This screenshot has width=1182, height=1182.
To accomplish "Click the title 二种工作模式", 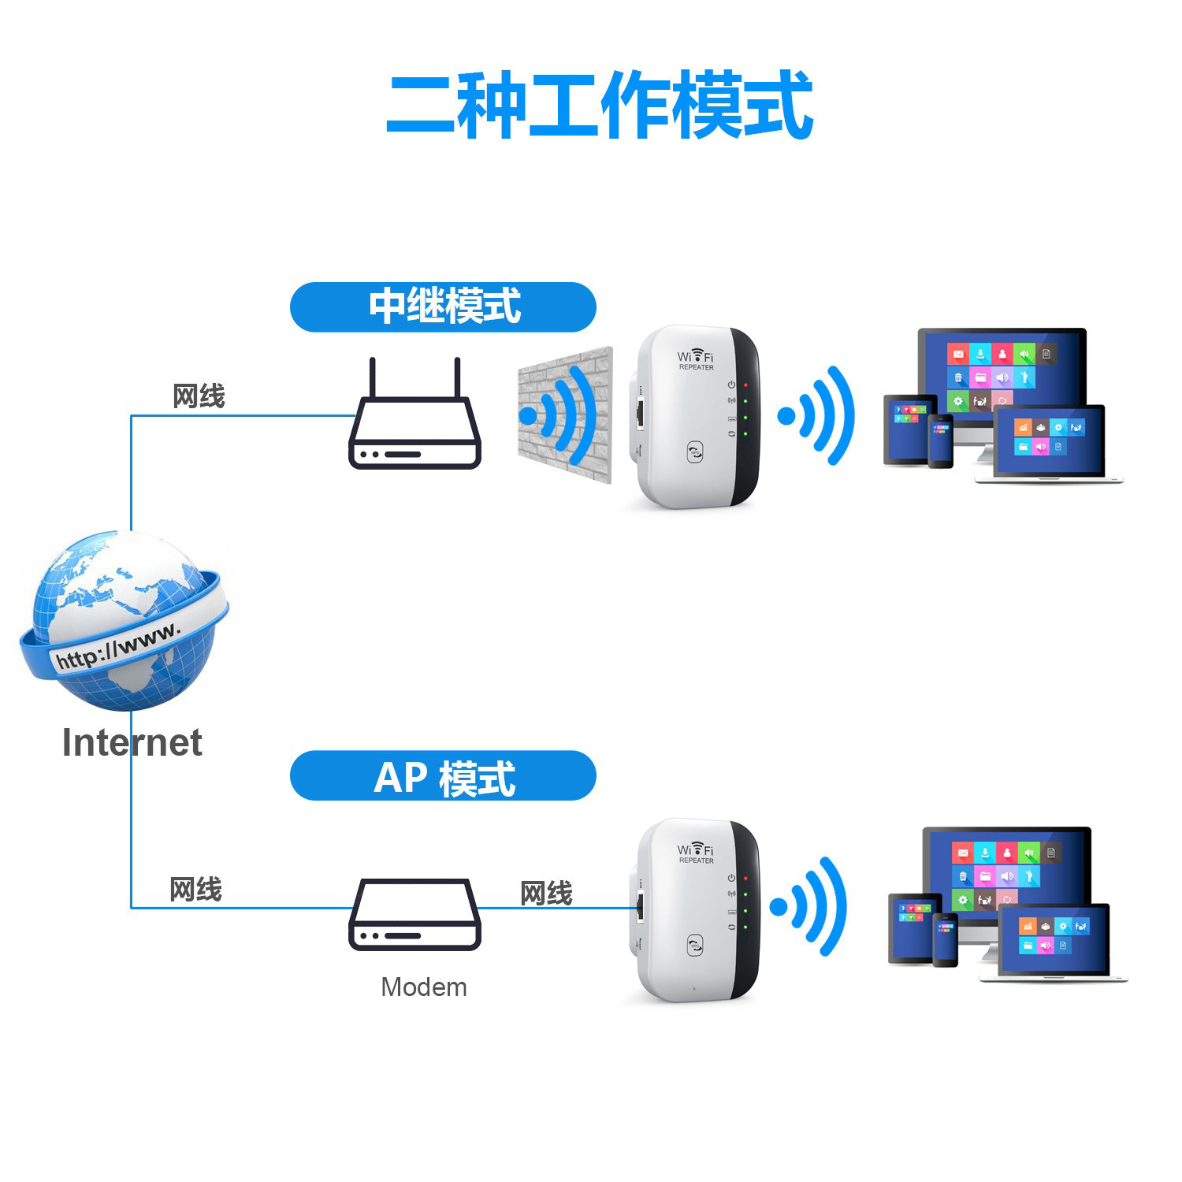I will pos(599,106).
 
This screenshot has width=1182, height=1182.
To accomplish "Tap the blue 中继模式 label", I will pos(443,307).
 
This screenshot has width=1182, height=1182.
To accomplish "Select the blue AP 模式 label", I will pos(443,776).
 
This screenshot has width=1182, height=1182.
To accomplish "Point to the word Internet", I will pos(132,743).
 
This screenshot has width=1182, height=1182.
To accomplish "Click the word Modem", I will pos(423,987).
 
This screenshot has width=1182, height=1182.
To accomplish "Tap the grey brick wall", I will pos(564,413).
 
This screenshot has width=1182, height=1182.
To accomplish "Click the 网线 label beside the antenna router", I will pos(199,396).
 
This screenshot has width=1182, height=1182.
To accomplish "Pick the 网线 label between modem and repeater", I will pos(546,894).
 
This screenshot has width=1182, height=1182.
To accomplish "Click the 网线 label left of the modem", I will pos(196,890).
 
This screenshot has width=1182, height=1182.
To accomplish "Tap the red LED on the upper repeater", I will pos(745,385).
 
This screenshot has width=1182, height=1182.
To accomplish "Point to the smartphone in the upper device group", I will pos(940,440).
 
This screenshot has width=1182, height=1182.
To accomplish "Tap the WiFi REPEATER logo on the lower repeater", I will pos(695,853).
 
